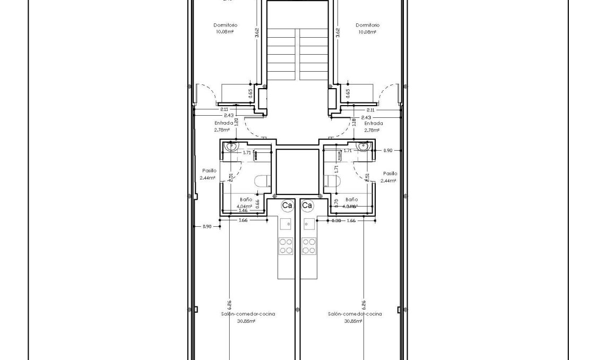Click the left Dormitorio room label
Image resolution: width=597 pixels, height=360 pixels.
coord(225,25)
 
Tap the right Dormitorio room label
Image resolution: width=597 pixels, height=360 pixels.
coord(367,25)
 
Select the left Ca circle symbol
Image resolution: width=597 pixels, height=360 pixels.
coord(287,205)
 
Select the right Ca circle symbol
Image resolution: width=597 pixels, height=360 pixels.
coord(307,205)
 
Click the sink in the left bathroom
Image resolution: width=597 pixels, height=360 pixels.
coord(231,147)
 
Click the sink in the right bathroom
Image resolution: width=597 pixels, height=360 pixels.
coord(364,147)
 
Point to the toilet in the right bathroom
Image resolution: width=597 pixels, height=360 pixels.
coord(334,182)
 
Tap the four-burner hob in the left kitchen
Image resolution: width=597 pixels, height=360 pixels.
coord(286,245)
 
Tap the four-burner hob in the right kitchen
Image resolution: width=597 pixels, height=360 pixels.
coord(308,245)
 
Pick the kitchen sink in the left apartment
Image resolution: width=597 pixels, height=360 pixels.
coord(286,224)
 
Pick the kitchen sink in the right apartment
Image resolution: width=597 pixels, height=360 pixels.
coord(308,224)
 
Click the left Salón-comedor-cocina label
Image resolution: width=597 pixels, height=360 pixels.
coord(248,314)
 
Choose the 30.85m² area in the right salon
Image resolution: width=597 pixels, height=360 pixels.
coord(353,321)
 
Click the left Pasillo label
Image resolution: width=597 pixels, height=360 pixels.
coord(208,171)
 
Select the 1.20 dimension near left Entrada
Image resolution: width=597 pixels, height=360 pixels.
coord(236,121)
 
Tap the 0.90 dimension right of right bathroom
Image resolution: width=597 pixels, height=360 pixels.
coord(388,151)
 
